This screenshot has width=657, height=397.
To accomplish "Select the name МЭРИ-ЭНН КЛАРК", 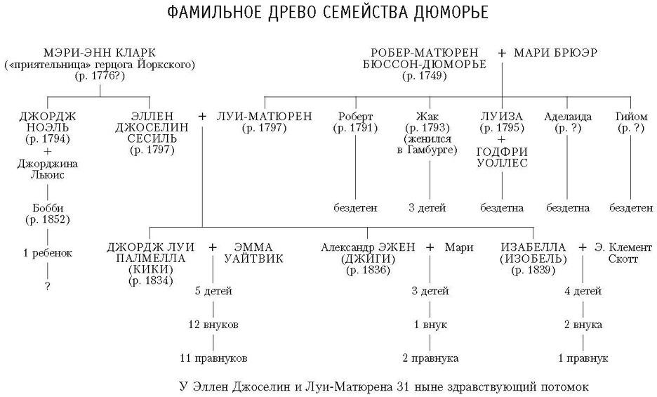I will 100,53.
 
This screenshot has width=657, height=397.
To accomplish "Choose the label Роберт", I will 355,116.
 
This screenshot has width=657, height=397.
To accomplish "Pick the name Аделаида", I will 566,116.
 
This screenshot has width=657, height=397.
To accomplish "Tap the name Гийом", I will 631,116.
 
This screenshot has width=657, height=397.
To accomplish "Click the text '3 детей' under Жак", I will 428,208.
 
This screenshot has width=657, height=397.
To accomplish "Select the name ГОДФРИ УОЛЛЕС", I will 502,157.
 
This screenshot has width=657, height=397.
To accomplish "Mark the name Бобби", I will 48,208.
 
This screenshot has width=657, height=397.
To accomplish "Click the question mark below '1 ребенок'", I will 48,286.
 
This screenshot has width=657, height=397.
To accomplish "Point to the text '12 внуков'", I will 213,325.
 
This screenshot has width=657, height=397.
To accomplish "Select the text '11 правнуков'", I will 213,358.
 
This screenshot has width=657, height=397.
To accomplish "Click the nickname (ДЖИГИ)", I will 368,259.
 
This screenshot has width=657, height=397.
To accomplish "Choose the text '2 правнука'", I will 430,358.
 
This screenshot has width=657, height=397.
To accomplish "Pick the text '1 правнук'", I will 583,358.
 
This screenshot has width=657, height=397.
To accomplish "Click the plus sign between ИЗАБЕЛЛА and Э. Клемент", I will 582,247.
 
